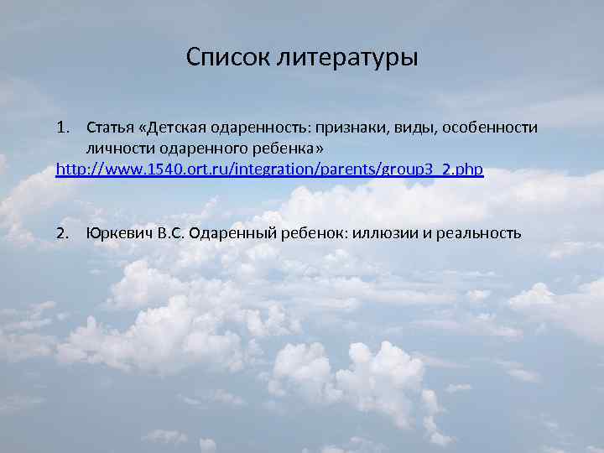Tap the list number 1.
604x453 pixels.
[61, 128]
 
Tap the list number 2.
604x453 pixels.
[61, 232]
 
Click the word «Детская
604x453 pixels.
[176, 128]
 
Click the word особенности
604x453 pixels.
[489, 128]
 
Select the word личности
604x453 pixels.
[115, 148]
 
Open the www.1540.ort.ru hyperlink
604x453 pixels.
[269, 169]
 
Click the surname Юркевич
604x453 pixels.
[119, 232]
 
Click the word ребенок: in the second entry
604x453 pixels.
[315, 232]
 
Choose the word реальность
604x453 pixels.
[476, 232]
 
